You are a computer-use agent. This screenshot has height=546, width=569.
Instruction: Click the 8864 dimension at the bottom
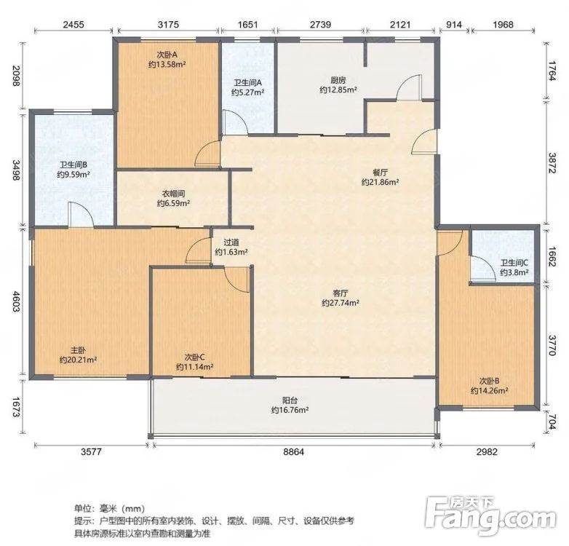coord(293,452)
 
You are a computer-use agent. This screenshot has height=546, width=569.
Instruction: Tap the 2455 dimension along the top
coord(73,25)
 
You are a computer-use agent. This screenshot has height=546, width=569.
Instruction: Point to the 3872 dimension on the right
coord(552,163)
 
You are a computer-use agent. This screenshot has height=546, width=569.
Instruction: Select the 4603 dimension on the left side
coord(17,301)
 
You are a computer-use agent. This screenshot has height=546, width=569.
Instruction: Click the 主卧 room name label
coord(78,350)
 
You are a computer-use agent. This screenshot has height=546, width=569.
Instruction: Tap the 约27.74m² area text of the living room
coord(341,303)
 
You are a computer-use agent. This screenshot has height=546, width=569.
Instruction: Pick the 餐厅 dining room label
coord(380,173)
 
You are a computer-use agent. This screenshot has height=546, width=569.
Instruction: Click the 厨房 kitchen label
coord(338,80)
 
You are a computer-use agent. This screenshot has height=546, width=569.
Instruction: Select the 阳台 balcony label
coord(290,400)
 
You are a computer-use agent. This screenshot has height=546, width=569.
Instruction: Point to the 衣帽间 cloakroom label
coord(173,194)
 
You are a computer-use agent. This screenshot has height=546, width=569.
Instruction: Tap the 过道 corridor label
coord(231,242)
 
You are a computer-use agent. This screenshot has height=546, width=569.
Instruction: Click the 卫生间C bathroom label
coord(514,263)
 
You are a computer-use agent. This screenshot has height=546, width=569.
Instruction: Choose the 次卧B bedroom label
coord(489,381)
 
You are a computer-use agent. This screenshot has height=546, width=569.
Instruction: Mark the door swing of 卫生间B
coord(81,215)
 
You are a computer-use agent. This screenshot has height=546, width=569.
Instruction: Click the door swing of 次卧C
coord(237,280)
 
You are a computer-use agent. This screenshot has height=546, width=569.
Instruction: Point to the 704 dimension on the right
coord(552,422)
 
